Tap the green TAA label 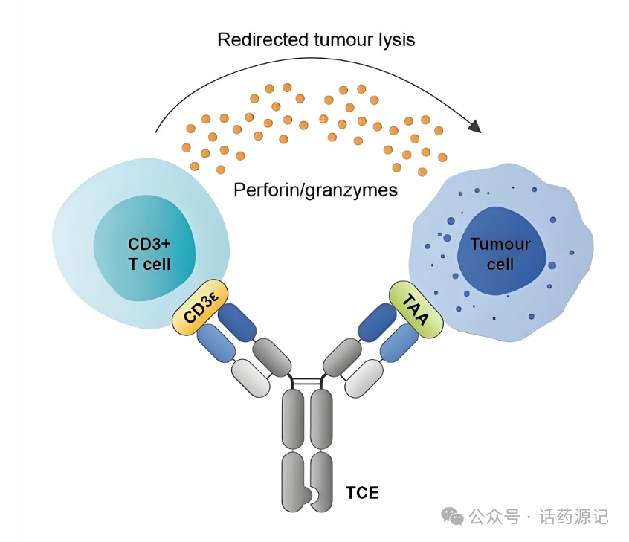[x=416, y=310]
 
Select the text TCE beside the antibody [x=362, y=492]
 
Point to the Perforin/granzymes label [x=315, y=190]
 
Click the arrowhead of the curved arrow [x=474, y=126]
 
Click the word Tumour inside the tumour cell [x=500, y=244]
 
